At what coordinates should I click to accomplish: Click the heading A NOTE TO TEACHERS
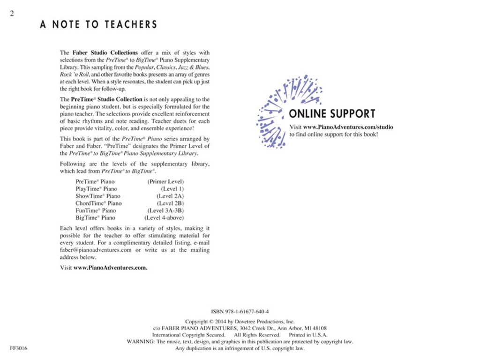pyautogui.click(x=98, y=25)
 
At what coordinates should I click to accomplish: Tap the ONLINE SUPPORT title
pyautogui.click(x=332, y=114)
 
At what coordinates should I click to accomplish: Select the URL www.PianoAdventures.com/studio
pyautogui.click(x=348, y=127)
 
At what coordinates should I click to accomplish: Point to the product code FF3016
pyautogui.click(x=19, y=349)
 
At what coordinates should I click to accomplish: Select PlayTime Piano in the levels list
pyautogui.click(x=93, y=188)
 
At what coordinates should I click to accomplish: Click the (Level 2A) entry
pyautogui.click(x=170, y=196)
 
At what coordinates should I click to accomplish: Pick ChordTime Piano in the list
pyautogui.click(x=98, y=203)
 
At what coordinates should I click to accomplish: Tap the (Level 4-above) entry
pyautogui.click(x=164, y=217)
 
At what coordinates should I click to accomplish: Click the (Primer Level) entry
pyautogui.click(x=165, y=181)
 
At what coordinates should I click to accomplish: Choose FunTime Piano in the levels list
pyautogui.click(x=95, y=210)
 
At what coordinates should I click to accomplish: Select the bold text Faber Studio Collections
pyautogui.click(x=105, y=53)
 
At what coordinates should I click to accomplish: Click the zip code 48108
pyautogui.click(x=319, y=328)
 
